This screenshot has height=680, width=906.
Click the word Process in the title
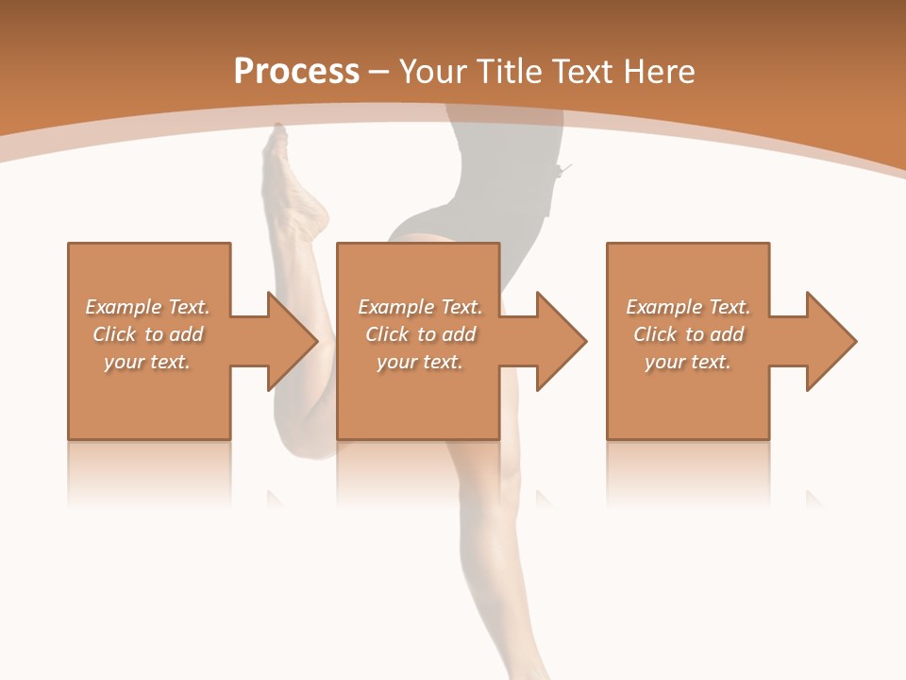pos(296,72)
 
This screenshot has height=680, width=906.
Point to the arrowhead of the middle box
pos(561,341)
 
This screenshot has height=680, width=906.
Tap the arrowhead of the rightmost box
pos(830,341)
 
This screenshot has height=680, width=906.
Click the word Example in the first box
pos(124,307)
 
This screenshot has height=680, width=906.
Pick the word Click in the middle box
pos(384,334)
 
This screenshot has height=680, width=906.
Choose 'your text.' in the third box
pos(688,362)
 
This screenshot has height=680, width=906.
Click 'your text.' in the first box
pos(147,362)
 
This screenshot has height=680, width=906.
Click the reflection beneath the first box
pos(149,472)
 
